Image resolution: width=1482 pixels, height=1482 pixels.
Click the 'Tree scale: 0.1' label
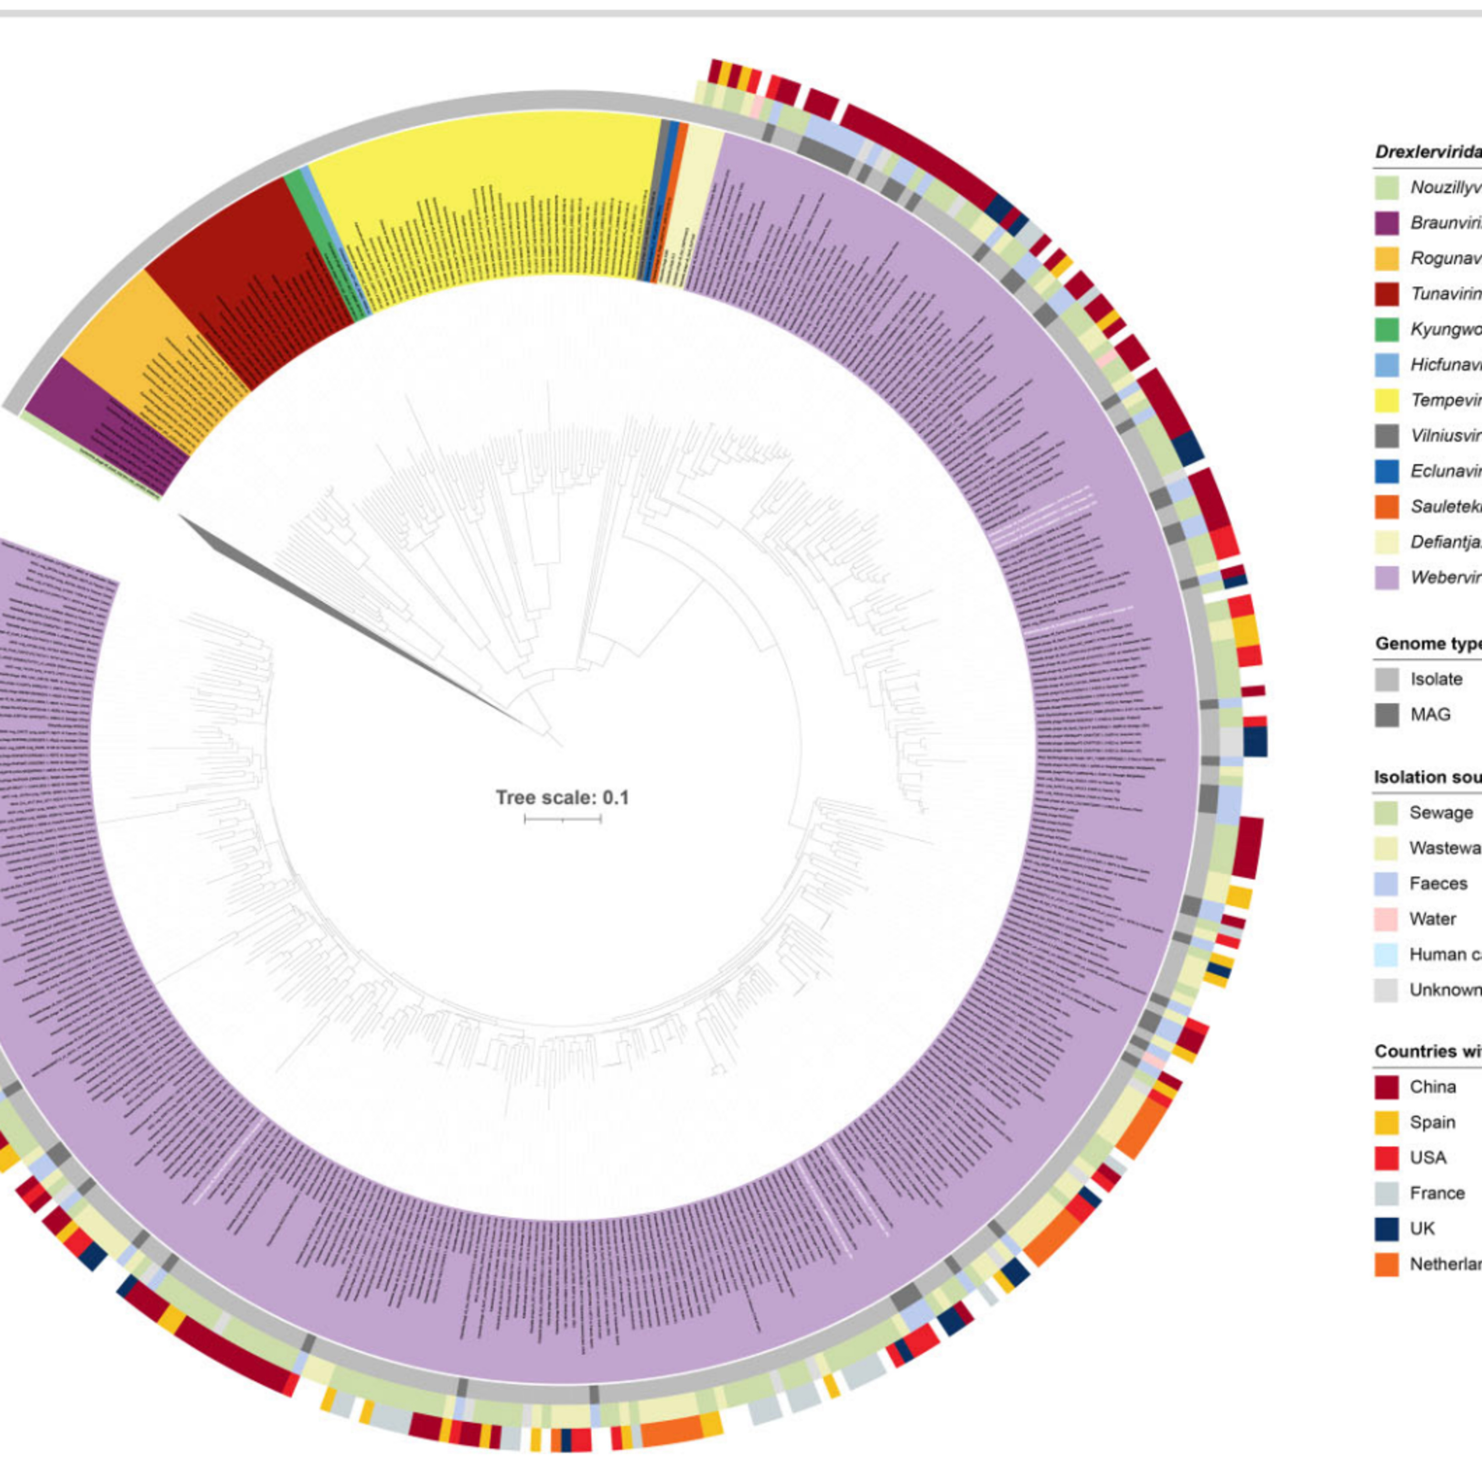click(x=562, y=798)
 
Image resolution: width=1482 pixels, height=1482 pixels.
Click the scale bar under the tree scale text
click(x=562, y=819)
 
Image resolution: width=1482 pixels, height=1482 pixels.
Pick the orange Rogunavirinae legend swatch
click(x=1386, y=258)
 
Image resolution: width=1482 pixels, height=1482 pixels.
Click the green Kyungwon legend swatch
click(x=1386, y=329)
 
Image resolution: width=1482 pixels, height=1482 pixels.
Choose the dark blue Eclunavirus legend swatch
click(x=1386, y=471)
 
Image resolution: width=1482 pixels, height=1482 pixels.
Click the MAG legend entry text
click(x=1430, y=714)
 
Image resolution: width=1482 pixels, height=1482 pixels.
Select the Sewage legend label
click(x=1441, y=812)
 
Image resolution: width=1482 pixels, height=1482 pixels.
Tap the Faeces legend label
click(x=1438, y=883)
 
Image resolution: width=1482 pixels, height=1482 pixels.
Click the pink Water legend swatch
click(x=1386, y=919)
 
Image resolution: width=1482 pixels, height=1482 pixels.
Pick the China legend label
click(x=1432, y=1087)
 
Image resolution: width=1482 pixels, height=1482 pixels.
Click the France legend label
click(x=1437, y=1193)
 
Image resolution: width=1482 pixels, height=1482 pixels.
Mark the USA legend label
click(x=1428, y=1157)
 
